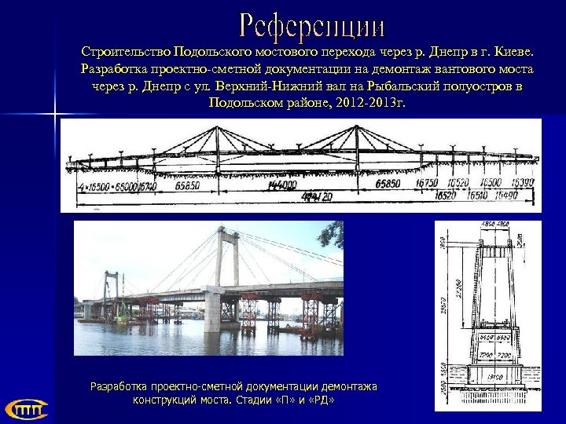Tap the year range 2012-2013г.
[362, 103]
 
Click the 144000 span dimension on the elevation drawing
[281, 186]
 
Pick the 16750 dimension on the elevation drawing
[428, 184]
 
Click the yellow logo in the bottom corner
[26, 408]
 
